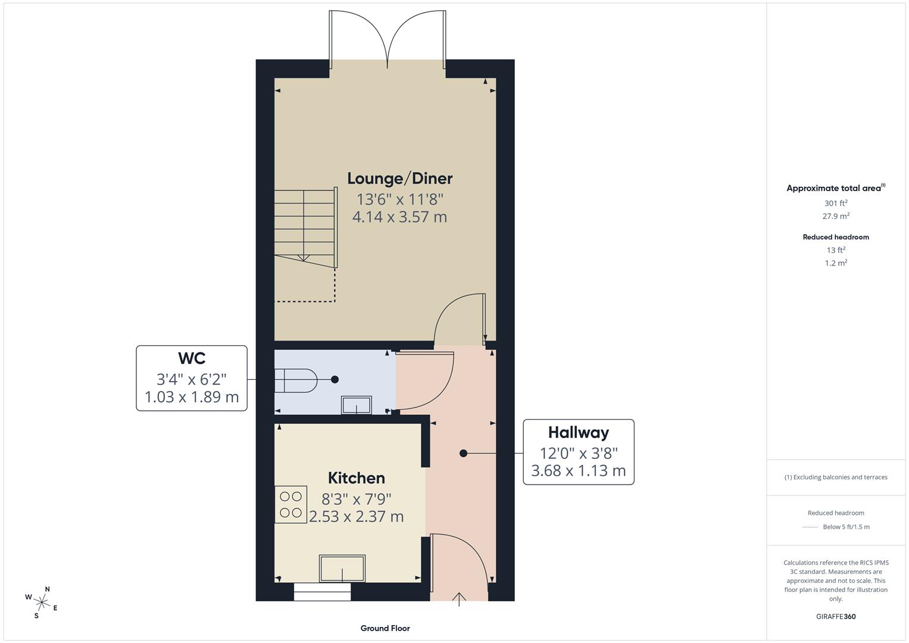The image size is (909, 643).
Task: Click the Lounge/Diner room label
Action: pos(399,179)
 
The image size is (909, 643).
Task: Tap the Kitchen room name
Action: pos(356,478)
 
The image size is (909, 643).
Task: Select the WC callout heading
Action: pos(192,358)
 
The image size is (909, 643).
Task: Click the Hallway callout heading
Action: pos(578,432)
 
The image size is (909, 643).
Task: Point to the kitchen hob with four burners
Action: pos(290,504)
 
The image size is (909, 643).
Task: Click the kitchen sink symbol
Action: pos(342,569)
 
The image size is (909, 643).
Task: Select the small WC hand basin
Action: pos(356,405)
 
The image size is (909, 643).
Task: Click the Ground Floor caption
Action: pos(385,628)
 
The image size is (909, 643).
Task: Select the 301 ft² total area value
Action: pos(836,203)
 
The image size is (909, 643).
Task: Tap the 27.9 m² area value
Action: pos(836,216)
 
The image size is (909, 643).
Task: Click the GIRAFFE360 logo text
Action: pos(836,616)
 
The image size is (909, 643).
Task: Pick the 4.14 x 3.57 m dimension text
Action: pos(399,217)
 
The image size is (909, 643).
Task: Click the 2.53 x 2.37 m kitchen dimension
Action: pos(356,517)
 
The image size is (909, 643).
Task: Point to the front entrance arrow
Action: pos(459,598)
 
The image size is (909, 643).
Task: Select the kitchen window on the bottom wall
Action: pos(322,592)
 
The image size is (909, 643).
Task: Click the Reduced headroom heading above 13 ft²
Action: pos(836,237)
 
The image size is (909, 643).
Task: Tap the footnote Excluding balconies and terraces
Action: pos(836,477)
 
